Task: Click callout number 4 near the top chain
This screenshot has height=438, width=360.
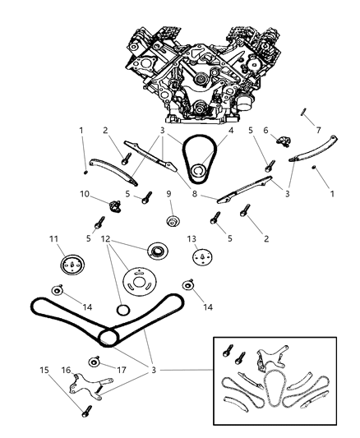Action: (230, 129)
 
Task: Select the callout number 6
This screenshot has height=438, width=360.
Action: (265, 129)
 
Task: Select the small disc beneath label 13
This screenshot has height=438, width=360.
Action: (201, 257)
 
